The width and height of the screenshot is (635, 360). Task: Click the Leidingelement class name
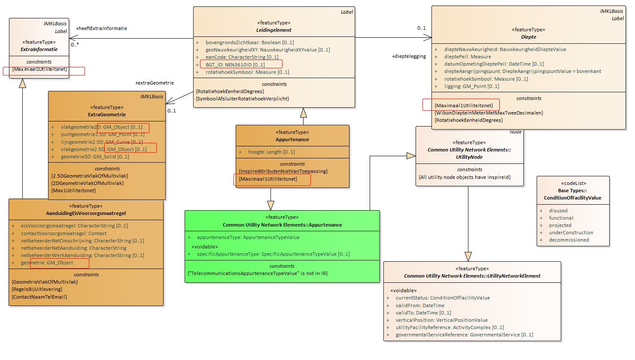[273, 30]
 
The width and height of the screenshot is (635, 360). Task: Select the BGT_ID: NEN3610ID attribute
[235, 65]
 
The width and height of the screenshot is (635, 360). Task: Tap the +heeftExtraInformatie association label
[101, 28]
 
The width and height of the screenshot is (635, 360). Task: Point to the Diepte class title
[529, 37]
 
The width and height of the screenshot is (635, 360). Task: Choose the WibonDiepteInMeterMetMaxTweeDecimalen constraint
[489, 113]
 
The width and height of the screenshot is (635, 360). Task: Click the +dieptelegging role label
[409, 56]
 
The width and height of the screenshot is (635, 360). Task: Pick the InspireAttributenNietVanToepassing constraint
[283, 171]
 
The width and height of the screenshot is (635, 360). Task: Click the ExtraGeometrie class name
[106, 115]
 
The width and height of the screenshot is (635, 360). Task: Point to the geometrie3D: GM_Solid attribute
[95, 157]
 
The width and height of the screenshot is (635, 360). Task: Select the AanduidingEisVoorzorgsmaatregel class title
[85, 213]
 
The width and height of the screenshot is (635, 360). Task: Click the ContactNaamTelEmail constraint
[39, 297]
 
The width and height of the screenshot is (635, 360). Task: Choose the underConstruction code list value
[571, 233]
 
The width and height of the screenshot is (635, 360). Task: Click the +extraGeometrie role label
[155, 83]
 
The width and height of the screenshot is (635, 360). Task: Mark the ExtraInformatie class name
[39, 49]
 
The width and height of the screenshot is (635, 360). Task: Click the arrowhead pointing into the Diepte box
[428, 37]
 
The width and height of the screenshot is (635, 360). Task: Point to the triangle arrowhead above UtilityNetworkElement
[468, 257]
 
